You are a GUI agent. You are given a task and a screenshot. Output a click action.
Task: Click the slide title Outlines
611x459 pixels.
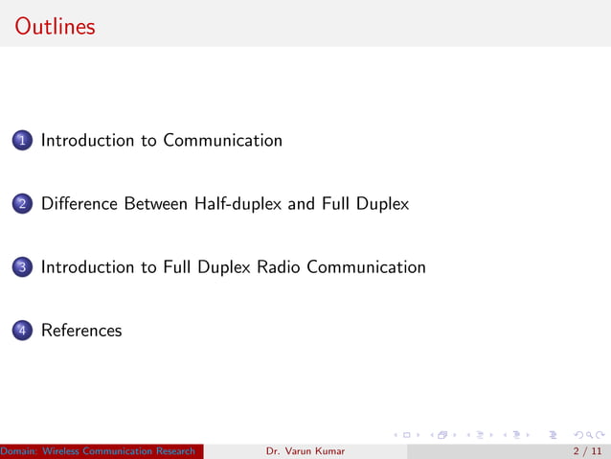pyautogui.click(x=56, y=26)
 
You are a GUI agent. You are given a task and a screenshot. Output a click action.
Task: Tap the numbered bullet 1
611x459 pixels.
pyautogui.click(x=21, y=141)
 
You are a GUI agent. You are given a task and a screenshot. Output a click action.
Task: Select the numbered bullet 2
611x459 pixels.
pyautogui.click(x=21, y=204)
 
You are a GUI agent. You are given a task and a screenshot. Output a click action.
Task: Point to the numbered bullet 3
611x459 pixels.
pyautogui.click(x=21, y=267)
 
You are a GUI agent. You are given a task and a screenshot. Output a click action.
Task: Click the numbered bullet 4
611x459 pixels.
pyautogui.click(x=21, y=331)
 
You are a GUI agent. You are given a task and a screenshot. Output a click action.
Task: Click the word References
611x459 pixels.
pyautogui.click(x=81, y=331)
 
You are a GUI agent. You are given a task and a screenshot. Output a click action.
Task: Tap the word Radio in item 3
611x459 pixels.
pyautogui.click(x=279, y=267)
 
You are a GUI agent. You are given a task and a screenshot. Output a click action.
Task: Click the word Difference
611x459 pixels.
pyautogui.click(x=79, y=204)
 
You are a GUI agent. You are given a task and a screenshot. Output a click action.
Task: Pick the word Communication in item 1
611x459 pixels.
pyautogui.click(x=222, y=141)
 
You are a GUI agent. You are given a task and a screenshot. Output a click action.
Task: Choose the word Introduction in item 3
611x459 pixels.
pyautogui.click(x=88, y=267)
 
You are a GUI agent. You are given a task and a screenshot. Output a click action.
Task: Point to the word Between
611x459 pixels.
pyautogui.click(x=157, y=204)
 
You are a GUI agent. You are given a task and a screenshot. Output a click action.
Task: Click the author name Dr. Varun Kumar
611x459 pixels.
pyautogui.click(x=305, y=450)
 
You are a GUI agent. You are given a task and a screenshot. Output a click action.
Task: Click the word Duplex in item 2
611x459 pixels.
pyautogui.click(x=383, y=204)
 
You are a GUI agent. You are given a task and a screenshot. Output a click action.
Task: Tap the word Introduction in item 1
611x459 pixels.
pyautogui.click(x=88, y=141)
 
